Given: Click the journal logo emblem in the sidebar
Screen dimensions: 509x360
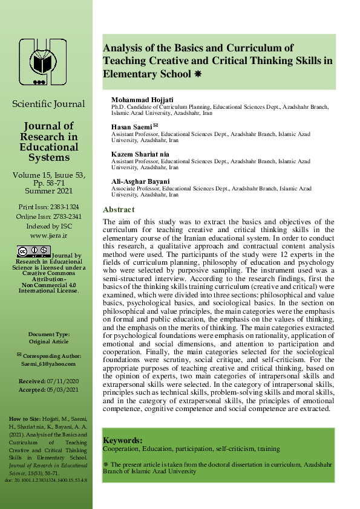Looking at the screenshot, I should tap(43, 61).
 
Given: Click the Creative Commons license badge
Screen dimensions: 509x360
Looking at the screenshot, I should tap(34, 250).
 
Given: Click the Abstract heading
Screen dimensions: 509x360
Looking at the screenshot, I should tap(119, 209).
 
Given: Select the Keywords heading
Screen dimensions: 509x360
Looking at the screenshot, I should tap(123, 441).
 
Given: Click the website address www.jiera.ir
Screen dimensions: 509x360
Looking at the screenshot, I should tap(48, 235).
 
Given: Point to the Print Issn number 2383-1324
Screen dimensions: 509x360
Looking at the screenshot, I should tap(64, 207).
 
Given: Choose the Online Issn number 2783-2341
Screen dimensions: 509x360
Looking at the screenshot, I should tap(65, 216).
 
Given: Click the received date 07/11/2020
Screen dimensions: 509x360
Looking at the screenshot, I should tap(62, 382).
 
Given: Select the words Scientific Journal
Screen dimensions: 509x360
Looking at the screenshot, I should tap(48, 104).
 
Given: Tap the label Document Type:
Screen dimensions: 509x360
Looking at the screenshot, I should tap(48, 334).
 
